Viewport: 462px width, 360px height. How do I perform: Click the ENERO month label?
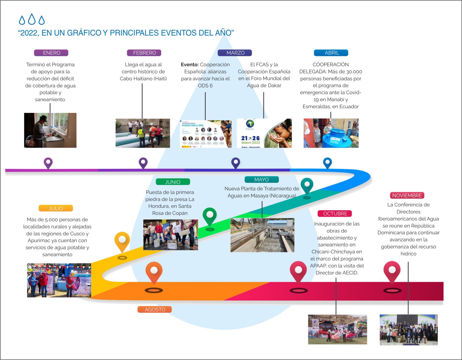coord(51,53)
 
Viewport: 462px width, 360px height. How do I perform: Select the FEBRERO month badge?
coord(144,53)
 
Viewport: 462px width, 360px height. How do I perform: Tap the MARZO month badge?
coord(235,53)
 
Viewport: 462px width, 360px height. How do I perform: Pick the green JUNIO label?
coord(173,182)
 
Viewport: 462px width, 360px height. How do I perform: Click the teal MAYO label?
coord(261,180)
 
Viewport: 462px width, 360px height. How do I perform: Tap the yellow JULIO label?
coord(56,208)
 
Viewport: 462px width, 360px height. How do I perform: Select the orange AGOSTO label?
coord(155,309)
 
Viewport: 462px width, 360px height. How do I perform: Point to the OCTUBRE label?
coord(335,214)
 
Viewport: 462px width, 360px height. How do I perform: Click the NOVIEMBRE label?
coord(407,196)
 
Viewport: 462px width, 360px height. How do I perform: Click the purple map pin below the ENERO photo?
coord(48,162)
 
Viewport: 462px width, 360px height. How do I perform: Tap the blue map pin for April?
coord(327,162)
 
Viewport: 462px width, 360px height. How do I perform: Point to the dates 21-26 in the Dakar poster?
coord(250,138)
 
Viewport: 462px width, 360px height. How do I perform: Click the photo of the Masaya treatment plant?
coord(262,235)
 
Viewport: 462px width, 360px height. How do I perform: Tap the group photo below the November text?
coord(408,329)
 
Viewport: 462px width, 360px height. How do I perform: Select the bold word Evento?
coord(189,65)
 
